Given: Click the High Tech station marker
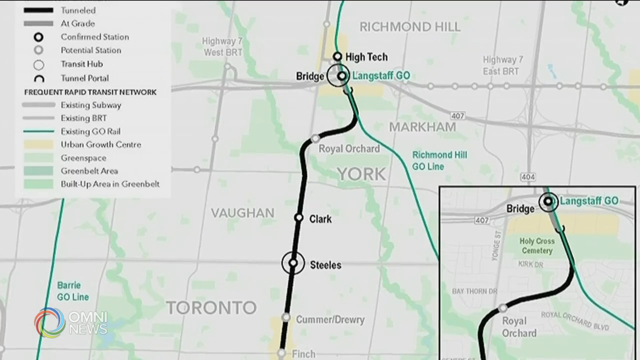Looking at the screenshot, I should tap(337, 56).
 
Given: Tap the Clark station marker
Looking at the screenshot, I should tap(299, 217).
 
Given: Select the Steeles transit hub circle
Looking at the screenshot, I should tap(293, 263).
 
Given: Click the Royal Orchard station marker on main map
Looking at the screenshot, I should tap(315, 138).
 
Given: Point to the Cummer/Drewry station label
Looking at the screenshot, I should tap(330, 319).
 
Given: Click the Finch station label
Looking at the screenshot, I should tap(303, 354).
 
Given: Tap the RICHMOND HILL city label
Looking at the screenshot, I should tap(410, 27).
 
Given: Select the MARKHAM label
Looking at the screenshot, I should tap(422, 127).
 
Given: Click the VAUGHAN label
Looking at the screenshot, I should tap(242, 213).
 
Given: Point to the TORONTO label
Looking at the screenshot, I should tap(211, 307).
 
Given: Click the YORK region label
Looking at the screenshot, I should tap(361, 174).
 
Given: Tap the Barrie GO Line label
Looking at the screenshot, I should tap(72, 291).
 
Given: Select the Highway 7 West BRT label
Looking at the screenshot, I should tap(222, 46).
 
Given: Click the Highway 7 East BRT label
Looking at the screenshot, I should tap(503, 65).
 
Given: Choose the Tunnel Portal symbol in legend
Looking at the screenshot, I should tap(38, 78).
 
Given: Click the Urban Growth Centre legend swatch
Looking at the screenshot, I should tap(38, 145).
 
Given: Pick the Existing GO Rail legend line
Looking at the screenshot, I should tap(38, 131).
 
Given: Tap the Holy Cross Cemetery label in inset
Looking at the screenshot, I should tap(537, 246).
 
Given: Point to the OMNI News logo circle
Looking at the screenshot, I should tap(50, 322).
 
